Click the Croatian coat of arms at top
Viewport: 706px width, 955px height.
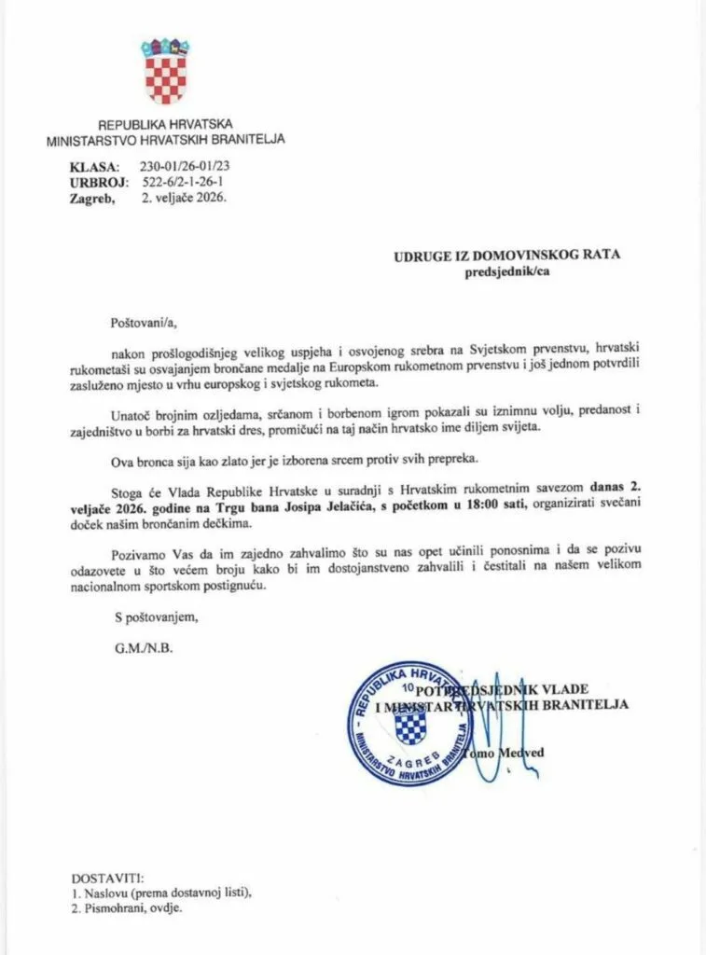tap(165, 71)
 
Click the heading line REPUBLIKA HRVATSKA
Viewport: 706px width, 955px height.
tap(165, 124)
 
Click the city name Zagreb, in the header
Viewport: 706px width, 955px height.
tap(92, 198)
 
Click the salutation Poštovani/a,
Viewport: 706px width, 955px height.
tap(141, 322)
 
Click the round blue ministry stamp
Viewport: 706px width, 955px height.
tap(409, 721)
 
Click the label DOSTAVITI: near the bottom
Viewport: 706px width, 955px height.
tap(107, 879)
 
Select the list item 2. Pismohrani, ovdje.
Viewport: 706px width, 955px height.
tap(127, 907)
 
